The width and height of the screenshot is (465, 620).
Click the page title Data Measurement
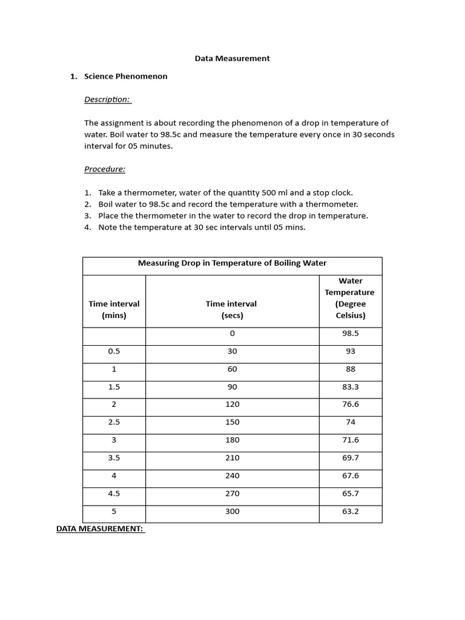click(x=232, y=59)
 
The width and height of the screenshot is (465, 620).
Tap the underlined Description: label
click(x=107, y=99)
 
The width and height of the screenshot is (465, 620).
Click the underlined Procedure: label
click(x=105, y=169)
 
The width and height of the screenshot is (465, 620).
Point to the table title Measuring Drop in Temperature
click(x=232, y=263)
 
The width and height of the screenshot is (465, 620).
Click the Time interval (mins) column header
click(x=114, y=309)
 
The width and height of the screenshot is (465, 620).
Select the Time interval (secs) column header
click(x=231, y=309)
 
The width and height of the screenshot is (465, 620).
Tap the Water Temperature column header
click(x=350, y=298)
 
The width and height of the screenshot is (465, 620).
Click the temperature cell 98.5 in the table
click(x=350, y=334)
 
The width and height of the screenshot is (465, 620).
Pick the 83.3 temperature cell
click(x=350, y=387)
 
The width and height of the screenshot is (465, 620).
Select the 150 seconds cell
click(x=232, y=422)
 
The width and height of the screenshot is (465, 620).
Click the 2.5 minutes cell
click(x=114, y=422)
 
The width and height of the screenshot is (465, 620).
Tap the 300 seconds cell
click(x=232, y=512)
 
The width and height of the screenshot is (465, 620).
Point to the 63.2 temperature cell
click(x=350, y=512)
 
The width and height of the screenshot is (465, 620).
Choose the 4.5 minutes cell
click(x=114, y=493)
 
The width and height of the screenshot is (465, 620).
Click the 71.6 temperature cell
click(x=350, y=440)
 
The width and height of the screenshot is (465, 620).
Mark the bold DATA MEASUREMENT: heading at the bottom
click(x=100, y=529)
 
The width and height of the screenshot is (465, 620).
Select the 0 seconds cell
click(x=232, y=334)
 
